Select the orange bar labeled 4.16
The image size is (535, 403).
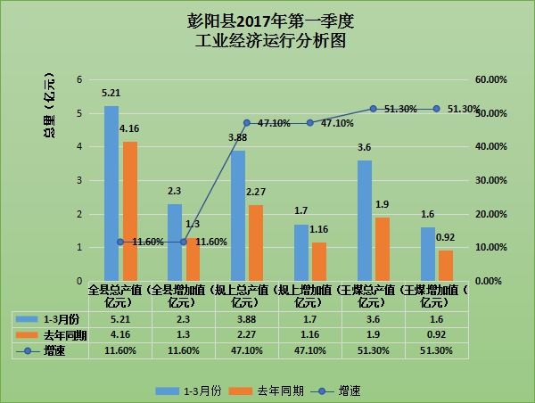130,210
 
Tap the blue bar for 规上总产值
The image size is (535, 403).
238,215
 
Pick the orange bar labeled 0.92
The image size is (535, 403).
446,265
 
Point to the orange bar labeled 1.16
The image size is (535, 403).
319,260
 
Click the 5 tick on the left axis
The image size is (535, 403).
79,114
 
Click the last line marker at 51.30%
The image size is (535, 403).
436,109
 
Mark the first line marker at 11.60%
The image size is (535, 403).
120,242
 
